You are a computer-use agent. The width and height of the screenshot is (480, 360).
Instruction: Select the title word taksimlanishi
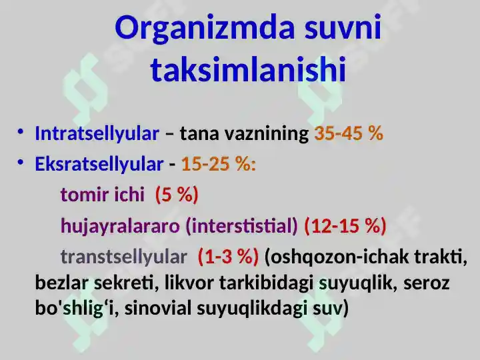(248, 69)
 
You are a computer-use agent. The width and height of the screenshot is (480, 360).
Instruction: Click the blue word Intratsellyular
(97, 133)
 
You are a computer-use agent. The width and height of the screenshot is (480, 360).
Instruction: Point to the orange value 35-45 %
(349, 133)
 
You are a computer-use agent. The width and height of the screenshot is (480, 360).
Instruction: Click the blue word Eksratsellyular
(99, 164)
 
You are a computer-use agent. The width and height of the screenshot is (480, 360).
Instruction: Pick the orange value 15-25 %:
(219, 164)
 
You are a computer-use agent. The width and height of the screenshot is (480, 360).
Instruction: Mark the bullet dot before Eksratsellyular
(21, 161)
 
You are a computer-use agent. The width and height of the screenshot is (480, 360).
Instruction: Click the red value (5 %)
(177, 195)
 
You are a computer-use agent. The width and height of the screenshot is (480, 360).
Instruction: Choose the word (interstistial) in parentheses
(243, 226)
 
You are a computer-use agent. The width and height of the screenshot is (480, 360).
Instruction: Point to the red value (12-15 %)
(345, 226)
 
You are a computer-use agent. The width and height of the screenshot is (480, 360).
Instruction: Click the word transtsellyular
(124, 257)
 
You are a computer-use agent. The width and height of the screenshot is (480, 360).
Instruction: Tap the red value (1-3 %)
(228, 257)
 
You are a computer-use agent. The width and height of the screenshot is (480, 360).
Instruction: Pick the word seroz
(427, 283)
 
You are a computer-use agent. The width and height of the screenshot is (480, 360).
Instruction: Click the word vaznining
(265, 133)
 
